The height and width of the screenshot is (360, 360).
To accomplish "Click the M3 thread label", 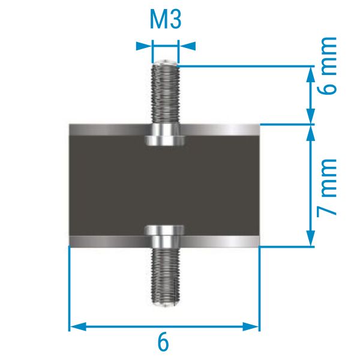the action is click(x=166, y=19).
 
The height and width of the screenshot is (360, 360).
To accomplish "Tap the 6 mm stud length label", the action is click(x=328, y=65).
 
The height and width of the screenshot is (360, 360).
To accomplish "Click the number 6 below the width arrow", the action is click(x=163, y=343).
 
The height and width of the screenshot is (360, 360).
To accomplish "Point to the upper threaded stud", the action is click(x=164, y=92).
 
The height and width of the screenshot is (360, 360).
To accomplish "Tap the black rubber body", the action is click(x=164, y=185).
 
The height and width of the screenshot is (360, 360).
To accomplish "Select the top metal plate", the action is click(x=164, y=130).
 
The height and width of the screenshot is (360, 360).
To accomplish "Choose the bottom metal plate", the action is click(x=164, y=242).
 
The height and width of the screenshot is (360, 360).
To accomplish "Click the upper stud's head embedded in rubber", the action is click(x=164, y=136).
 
